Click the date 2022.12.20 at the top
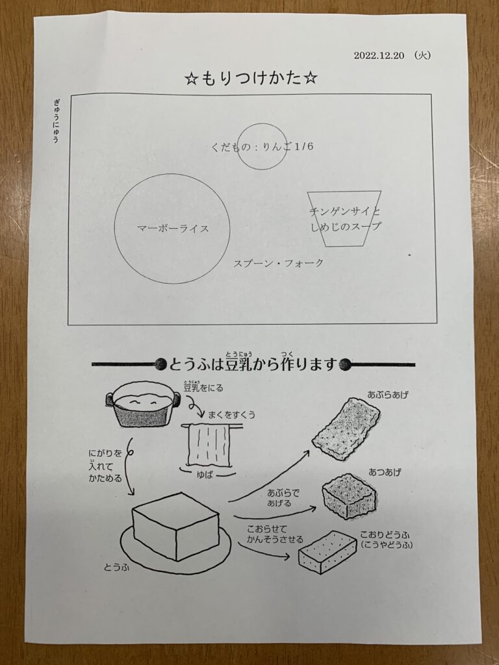click(x=379, y=56)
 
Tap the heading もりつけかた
click(x=251, y=78)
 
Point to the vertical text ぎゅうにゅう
click(x=56, y=121)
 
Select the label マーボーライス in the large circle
click(x=173, y=229)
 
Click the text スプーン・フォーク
click(x=278, y=264)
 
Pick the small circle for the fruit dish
click(x=262, y=123)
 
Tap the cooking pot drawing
click(x=143, y=404)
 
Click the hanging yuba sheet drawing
click(x=209, y=445)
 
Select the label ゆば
click(x=205, y=475)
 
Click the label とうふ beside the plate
click(x=116, y=567)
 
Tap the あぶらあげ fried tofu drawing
click(x=346, y=429)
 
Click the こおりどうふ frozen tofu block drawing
click(x=327, y=552)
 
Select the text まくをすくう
click(x=232, y=415)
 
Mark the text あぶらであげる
click(x=283, y=498)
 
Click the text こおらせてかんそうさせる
click(x=275, y=534)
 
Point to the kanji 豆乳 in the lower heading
click(x=238, y=364)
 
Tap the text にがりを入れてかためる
click(x=105, y=466)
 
